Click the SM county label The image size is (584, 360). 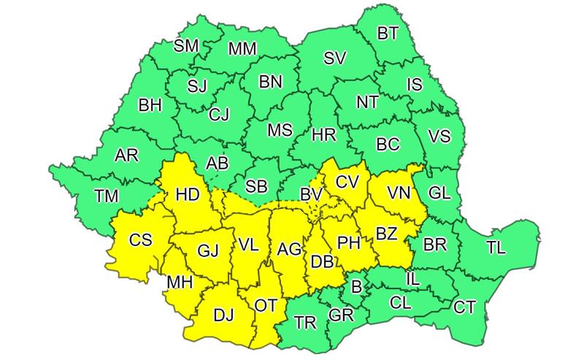click(x=186, y=46)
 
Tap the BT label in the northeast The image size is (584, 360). click(x=388, y=33)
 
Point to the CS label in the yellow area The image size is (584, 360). click(x=140, y=240)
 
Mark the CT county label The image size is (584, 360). click(x=464, y=307)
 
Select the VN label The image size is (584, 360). click(x=399, y=193)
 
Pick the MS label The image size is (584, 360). click(x=280, y=131)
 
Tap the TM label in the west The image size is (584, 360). click(x=108, y=195)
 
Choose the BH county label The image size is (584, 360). click(x=150, y=106)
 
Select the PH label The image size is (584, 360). click(x=348, y=240)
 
